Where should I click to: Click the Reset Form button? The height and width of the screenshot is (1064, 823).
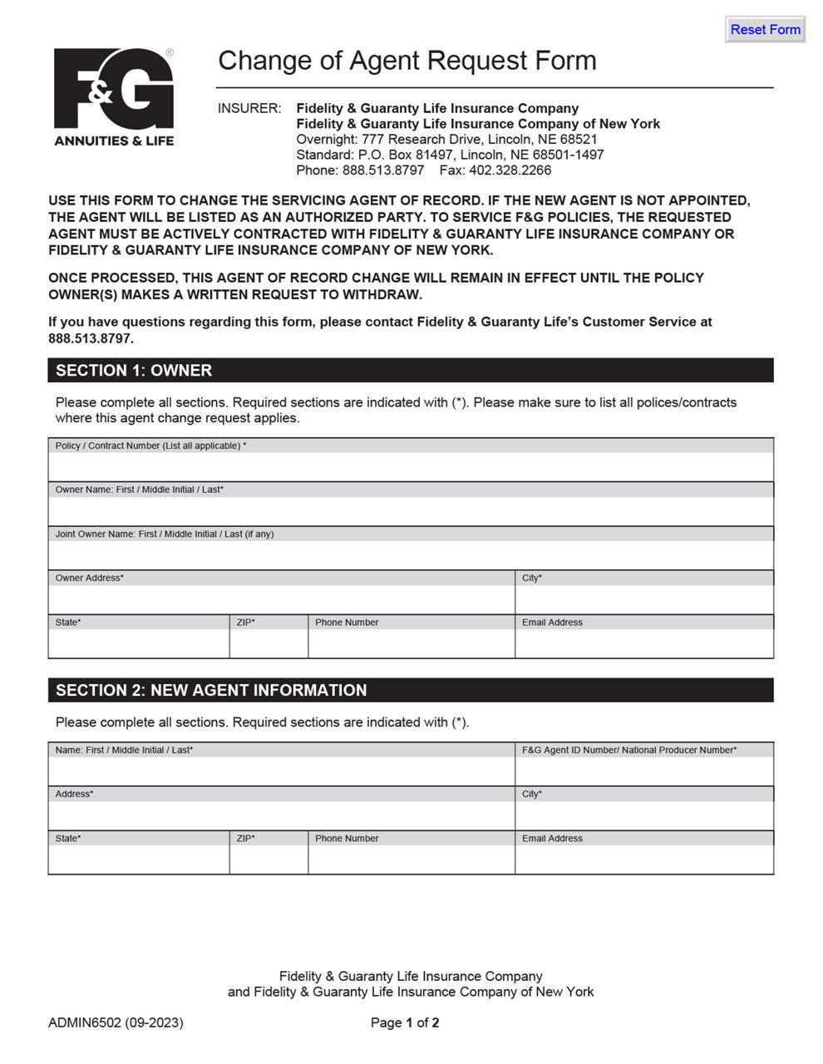click(765, 29)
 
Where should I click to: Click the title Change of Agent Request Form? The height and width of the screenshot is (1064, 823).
click(407, 61)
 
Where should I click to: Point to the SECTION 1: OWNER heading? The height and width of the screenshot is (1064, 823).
click(134, 371)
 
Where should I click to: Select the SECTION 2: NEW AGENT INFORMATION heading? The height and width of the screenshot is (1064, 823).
click(211, 691)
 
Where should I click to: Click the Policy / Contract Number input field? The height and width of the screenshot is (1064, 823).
click(411, 467)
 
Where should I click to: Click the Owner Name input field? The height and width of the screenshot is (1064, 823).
click(411, 511)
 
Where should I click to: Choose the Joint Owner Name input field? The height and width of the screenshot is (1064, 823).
click(411, 555)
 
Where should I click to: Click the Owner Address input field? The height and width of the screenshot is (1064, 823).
click(281, 599)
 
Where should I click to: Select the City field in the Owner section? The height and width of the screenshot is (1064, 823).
click(643, 599)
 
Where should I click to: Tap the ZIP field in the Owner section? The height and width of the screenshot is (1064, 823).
click(269, 643)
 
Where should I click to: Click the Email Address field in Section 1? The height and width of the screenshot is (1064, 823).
click(643, 643)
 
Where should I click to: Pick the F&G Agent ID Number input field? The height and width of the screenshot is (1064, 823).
click(643, 771)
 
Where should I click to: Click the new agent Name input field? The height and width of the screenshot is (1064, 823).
click(281, 771)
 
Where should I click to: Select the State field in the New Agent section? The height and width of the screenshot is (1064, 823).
click(138, 860)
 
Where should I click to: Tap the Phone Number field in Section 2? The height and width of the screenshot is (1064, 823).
click(411, 860)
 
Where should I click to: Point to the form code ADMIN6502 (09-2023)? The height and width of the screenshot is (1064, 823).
click(116, 1022)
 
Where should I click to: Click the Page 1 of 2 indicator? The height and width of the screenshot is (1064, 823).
click(405, 1022)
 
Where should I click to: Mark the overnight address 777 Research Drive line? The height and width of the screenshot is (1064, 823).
click(446, 139)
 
